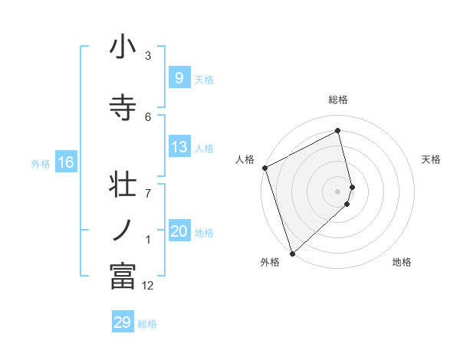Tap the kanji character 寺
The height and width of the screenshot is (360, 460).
123,108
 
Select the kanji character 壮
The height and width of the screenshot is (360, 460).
123,188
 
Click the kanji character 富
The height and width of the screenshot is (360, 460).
123,275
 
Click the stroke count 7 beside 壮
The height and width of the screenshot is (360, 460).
148,185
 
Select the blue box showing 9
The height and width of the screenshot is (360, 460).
179,78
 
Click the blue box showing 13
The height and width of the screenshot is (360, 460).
179,148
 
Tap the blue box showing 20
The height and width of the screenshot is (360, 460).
179,232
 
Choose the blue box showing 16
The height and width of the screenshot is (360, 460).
65,162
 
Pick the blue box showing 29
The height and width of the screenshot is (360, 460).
123,322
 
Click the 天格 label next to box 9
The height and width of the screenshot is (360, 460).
204,79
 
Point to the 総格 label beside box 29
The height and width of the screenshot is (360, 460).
147,323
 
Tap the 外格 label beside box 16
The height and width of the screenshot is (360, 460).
40,163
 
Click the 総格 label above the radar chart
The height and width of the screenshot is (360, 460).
338,100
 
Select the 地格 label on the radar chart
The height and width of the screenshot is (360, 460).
402,262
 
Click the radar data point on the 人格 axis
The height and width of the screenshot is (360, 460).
264,168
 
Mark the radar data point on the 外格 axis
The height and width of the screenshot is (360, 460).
292,253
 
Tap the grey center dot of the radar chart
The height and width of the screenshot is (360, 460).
338,191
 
